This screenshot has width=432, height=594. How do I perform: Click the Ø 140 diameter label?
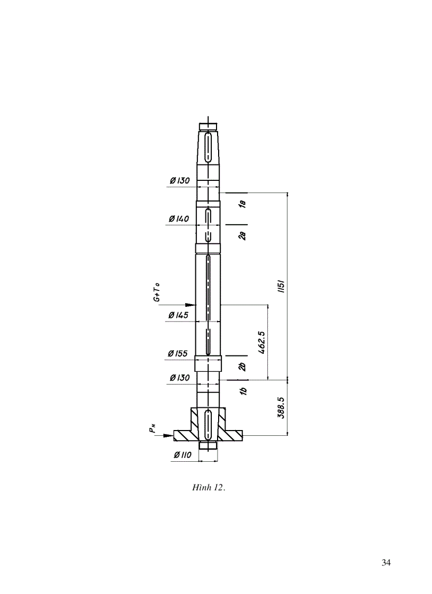pos(179,219)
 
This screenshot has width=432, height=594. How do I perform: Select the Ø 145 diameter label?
pos(179,315)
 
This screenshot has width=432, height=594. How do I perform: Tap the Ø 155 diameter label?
pos(178,354)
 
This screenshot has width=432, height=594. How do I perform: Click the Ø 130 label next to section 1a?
pos(179,181)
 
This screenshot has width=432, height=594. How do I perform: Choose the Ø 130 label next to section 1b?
pos(179,378)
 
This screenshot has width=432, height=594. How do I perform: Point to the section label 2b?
pos(242,367)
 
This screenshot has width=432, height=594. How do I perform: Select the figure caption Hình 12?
pos(209,488)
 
